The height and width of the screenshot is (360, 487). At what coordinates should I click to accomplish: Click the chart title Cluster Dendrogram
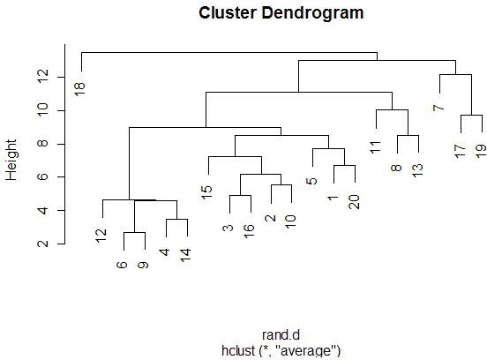pos(281,13)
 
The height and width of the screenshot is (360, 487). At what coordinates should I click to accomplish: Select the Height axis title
pos(11,160)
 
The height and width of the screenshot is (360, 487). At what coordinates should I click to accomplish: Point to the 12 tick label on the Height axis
pos(43,76)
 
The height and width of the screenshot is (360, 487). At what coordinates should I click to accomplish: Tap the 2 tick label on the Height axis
pos(43,244)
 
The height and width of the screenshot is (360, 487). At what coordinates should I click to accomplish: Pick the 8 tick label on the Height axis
pos(43,143)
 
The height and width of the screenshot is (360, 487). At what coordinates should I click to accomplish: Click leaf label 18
pos(79,90)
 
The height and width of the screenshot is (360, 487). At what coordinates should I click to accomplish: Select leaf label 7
pos(438,108)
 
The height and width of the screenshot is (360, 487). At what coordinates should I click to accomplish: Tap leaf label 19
pos(481,151)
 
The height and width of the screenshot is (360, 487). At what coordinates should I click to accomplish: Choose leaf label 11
pos(375,147)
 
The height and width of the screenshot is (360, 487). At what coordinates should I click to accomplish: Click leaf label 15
pos(206,192)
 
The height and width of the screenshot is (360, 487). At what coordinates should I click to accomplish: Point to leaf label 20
pos(354,202)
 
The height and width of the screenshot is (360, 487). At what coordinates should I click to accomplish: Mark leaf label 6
pos(122,265)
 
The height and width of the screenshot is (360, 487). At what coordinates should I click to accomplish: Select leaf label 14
pos(185,255)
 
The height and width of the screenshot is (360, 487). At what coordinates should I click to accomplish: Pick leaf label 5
pos(311,181)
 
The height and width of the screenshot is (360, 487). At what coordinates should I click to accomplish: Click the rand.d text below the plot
pos(281,335)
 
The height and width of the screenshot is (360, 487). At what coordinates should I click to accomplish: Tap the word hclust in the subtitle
pos(238,350)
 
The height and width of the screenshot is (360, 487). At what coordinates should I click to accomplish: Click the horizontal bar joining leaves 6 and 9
pos(134,232)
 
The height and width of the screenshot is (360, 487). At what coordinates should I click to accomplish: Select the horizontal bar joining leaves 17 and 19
pos(471,116)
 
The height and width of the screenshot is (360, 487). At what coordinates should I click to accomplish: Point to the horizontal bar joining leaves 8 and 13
pos(408,135)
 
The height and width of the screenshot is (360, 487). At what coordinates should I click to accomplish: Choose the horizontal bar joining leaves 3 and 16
pos(240,195)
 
